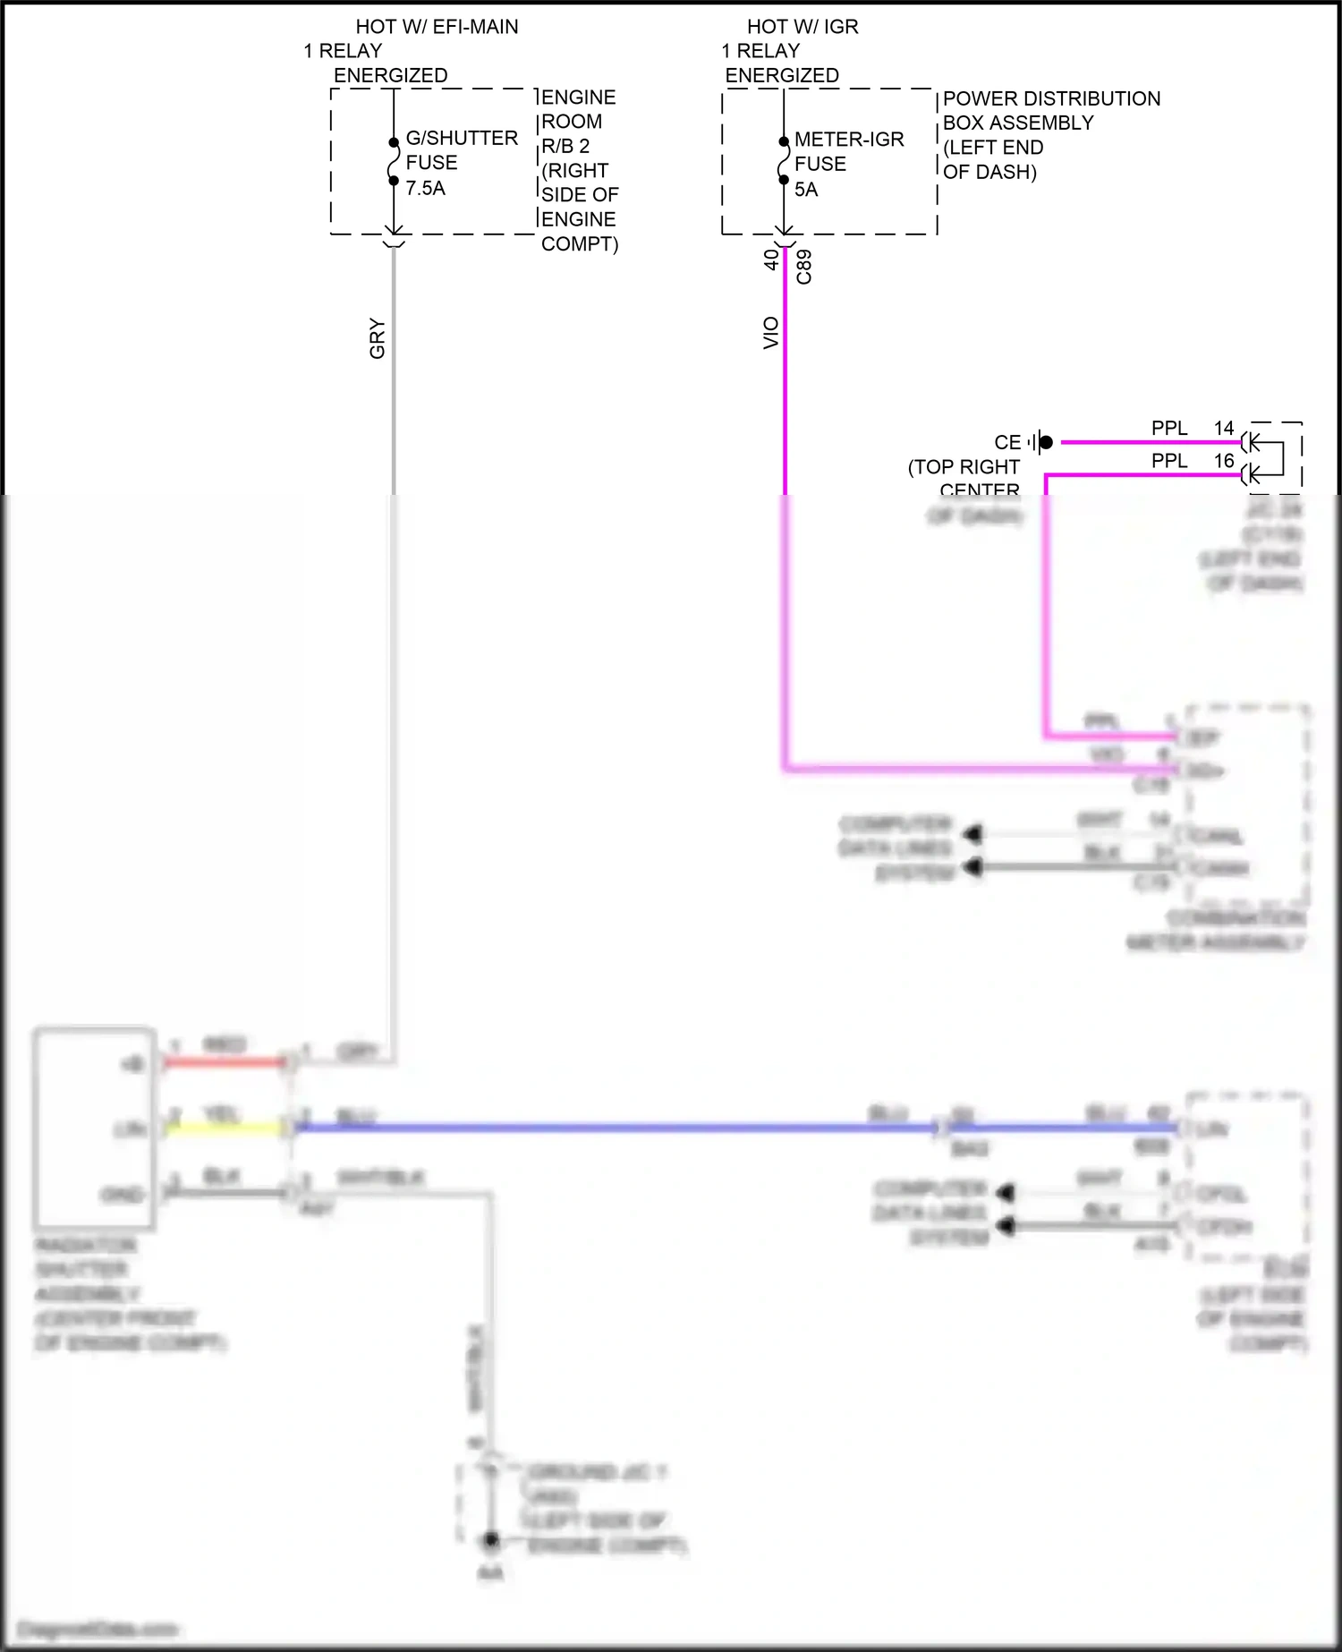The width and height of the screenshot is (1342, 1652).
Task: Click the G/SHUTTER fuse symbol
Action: pos(393,161)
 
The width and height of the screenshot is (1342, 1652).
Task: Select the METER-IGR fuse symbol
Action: pos(784,161)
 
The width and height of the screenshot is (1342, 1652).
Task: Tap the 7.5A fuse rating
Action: pos(425,188)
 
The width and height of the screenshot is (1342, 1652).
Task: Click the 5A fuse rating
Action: pos(806,189)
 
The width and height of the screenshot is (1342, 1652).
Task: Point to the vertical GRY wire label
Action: pos(378,338)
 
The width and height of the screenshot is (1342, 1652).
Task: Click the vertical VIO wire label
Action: pos(771,333)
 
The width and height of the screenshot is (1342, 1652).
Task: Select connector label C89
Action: pos(804,267)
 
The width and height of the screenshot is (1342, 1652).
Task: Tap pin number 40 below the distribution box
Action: pos(771,260)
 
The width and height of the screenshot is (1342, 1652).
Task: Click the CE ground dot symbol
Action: pos(1045,442)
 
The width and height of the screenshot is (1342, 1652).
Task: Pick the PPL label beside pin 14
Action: pos(1168,428)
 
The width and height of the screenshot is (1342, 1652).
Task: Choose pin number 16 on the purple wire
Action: pos(1224,461)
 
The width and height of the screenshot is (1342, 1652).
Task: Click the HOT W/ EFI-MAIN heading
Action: pos(437,27)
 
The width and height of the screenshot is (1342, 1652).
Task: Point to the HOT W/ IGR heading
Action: pos(803,27)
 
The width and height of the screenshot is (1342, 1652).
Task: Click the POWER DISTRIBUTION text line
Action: pos(1051,98)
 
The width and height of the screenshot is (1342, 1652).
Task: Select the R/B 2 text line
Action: pos(565,146)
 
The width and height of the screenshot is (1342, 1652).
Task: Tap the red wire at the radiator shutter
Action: pos(224,1062)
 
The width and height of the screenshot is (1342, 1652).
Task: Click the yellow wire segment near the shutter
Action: pos(224,1128)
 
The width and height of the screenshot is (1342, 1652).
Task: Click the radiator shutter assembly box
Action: pos(94,1128)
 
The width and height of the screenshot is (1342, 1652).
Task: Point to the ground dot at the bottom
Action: pos(490,1541)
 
